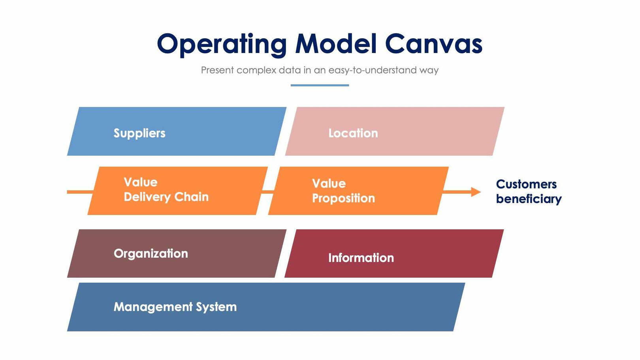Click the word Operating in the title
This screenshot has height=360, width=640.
point(221,44)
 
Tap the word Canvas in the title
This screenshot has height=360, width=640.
point(433,43)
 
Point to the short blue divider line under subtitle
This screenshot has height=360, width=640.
point(320,85)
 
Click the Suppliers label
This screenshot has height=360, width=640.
point(139,133)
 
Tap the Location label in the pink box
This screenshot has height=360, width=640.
point(353,133)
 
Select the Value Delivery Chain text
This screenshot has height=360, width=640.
point(166,190)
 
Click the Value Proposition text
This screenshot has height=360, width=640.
point(343,191)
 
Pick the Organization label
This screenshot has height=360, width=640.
point(151,253)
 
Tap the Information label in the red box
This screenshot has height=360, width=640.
point(361,258)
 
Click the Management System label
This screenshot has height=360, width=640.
point(175,307)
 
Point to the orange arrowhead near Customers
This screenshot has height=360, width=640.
point(476,192)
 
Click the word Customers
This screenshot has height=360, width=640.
point(526,184)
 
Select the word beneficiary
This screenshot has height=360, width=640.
point(528,199)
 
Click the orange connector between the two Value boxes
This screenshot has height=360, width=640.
point(268,192)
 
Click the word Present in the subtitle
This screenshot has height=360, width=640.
point(217,70)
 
